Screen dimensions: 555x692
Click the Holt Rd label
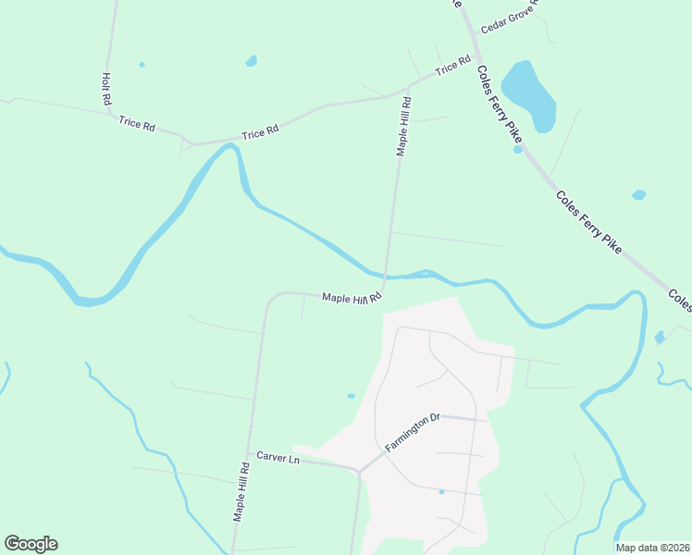coord(106,88)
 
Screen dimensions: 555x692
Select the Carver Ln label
coord(278,459)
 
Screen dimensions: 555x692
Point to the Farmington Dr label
coord(410,432)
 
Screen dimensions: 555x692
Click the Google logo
coord(31,544)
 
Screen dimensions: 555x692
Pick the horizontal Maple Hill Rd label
coord(352,298)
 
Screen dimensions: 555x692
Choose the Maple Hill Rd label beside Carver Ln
coord(240,492)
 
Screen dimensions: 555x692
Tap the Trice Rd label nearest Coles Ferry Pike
coord(452,68)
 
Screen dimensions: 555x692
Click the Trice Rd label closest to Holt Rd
coord(136,123)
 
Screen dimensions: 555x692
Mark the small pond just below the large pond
coord(518,149)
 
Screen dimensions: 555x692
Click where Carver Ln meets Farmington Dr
coord(358,470)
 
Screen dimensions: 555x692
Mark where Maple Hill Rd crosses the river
coord(387,276)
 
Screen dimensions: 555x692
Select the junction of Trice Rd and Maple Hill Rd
coord(407,90)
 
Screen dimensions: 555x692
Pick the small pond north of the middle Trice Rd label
coord(251,61)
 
